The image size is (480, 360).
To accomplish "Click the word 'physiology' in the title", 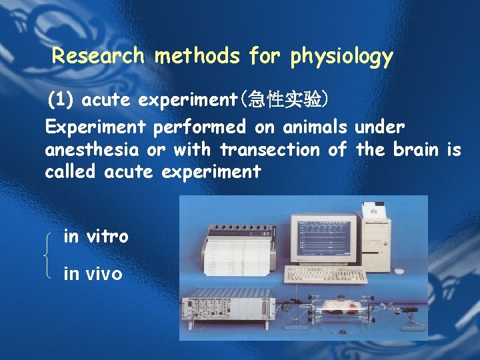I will (341, 57).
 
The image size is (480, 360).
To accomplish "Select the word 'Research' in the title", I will (98, 55).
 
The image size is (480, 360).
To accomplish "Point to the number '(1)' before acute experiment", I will (61, 101).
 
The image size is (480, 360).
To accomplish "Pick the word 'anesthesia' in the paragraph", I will (91, 150).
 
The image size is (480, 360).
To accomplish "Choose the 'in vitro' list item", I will (95, 236).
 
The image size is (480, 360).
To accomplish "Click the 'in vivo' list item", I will (93, 273).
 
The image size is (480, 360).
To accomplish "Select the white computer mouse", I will (397, 271).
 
